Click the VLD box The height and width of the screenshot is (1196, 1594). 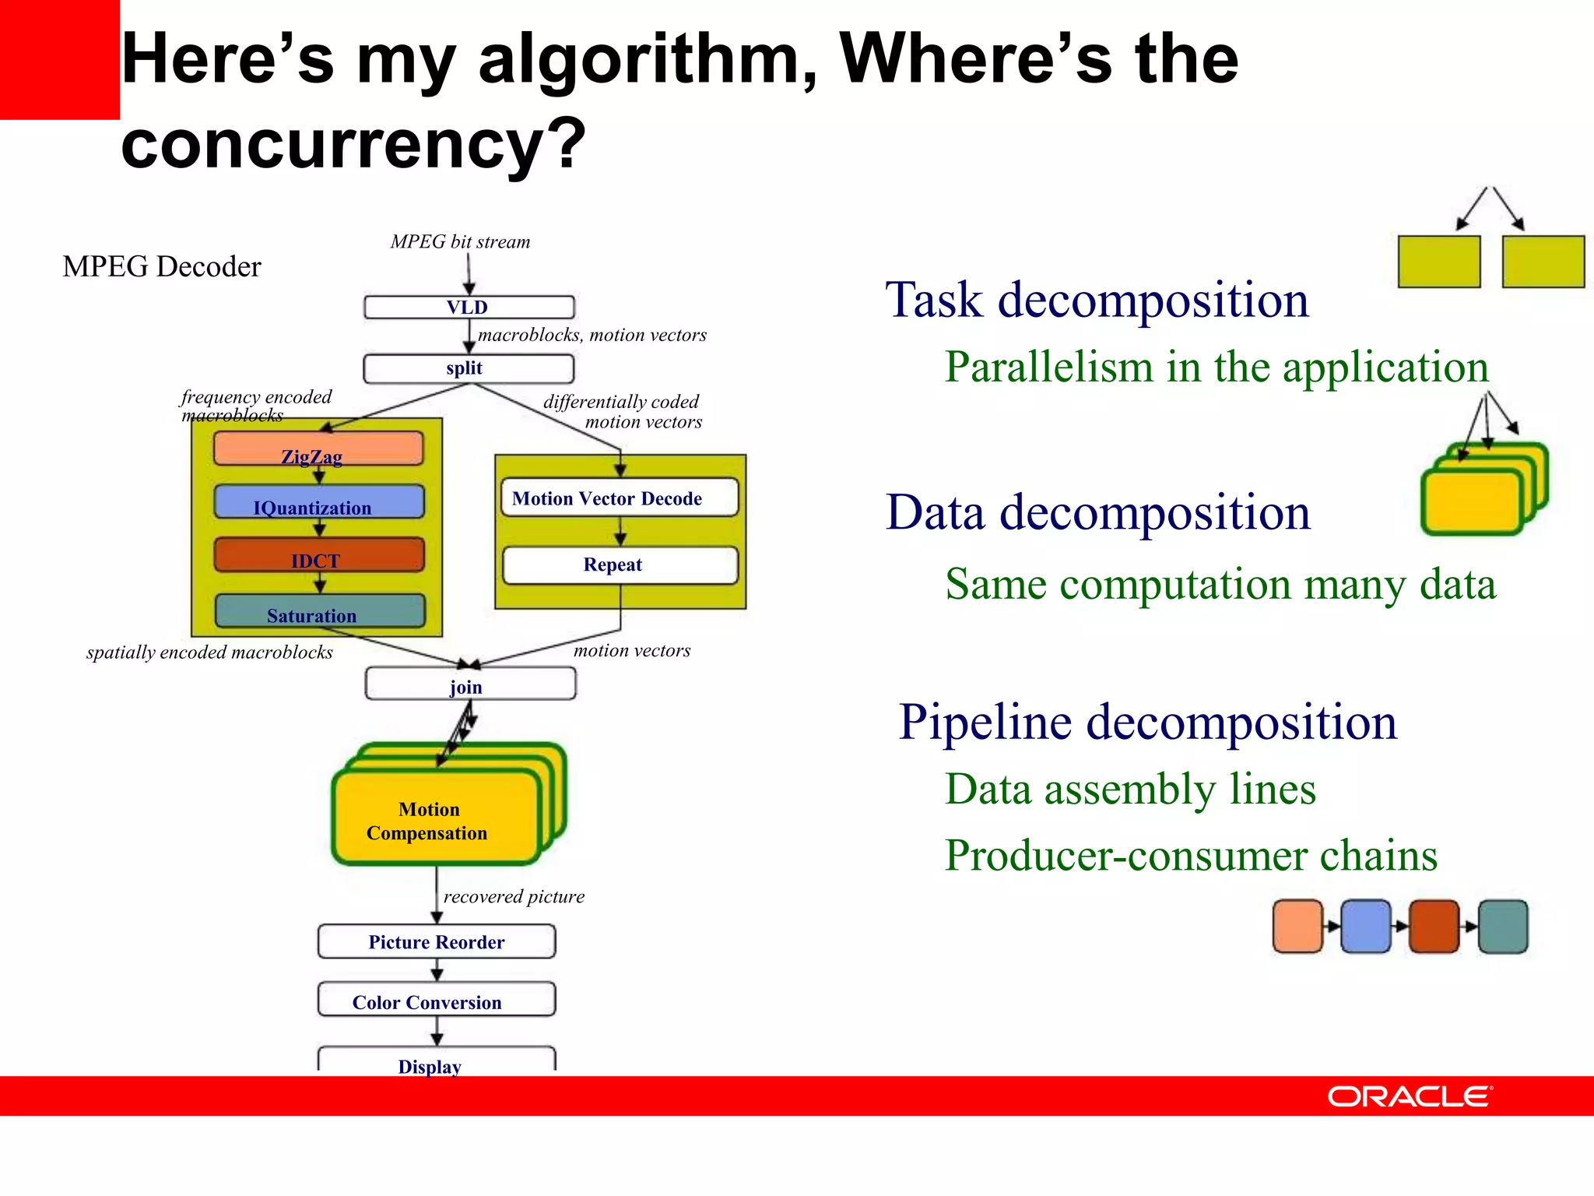point(469,308)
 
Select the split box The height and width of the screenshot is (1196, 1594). point(469,368)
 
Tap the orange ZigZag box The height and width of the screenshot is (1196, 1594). point(318,449)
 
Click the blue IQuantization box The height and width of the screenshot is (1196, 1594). point(319,502)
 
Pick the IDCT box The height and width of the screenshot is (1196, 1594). point(319,555)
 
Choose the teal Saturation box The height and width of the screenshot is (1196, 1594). point(319,611)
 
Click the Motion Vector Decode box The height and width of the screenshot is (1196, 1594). point(620,498)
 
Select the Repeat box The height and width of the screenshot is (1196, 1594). point(620,565)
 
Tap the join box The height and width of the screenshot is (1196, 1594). point(470,684)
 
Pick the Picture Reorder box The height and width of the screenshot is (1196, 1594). point(437,941)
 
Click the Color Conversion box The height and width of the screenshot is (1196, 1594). point(437,1000)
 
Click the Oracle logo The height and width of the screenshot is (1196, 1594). point(1410,1096)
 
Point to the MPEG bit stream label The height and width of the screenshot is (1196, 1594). point(460,242)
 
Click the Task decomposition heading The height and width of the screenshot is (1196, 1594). point(1097,300)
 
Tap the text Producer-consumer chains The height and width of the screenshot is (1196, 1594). point(1191,855)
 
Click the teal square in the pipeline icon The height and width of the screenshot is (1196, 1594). point(1503,926)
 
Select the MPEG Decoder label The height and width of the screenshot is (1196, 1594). point(162,266)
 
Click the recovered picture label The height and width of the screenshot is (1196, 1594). point(514,896)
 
